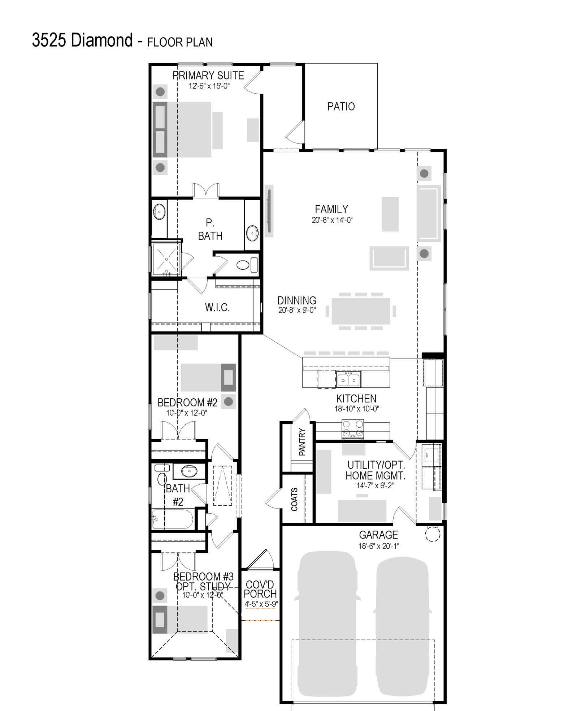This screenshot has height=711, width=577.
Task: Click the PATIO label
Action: click(341, 106)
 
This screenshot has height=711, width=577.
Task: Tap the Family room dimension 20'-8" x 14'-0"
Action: click(332, 220)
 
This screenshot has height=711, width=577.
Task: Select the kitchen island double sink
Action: click(348, 379)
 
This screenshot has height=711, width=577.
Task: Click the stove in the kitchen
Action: click(353, 429)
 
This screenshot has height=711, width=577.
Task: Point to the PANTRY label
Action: click(302, 442)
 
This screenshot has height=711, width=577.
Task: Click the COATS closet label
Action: click(294, 499)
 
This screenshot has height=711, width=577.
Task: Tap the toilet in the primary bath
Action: click(247, 265)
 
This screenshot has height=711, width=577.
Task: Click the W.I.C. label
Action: click(217, 307)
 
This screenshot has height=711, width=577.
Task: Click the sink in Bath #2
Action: click(189, 471)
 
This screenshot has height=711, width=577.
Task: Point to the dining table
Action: click(361, 311)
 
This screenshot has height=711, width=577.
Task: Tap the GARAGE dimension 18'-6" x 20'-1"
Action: click(379, 546)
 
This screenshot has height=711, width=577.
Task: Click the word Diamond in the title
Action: click(102, 40)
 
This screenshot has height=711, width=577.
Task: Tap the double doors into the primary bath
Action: click(206, 190)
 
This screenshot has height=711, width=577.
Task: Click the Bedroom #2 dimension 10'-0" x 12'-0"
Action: click(186, 413)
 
